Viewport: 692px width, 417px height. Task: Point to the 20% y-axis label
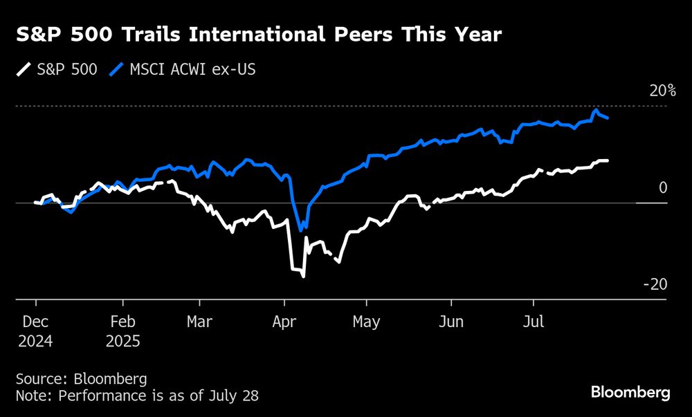point(662,91)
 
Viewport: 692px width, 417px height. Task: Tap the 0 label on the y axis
point(663,187)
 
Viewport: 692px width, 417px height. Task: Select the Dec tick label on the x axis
point(35,322)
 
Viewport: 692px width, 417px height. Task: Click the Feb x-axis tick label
point(122,322)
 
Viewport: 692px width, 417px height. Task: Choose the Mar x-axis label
point(199,322)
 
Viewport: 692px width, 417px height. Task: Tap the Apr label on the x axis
point(284,322)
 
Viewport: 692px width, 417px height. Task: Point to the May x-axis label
point(366,322)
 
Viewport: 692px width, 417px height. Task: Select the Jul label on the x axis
point(533,322)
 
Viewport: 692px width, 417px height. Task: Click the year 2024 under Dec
point(35,341)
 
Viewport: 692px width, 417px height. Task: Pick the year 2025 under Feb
point(123,341)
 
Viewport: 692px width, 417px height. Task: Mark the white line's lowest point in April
point(303,276)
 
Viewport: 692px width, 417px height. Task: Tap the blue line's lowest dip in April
point(301,230)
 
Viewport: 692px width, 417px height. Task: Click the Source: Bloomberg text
point(82,378)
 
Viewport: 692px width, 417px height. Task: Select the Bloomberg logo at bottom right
point(630,392)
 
